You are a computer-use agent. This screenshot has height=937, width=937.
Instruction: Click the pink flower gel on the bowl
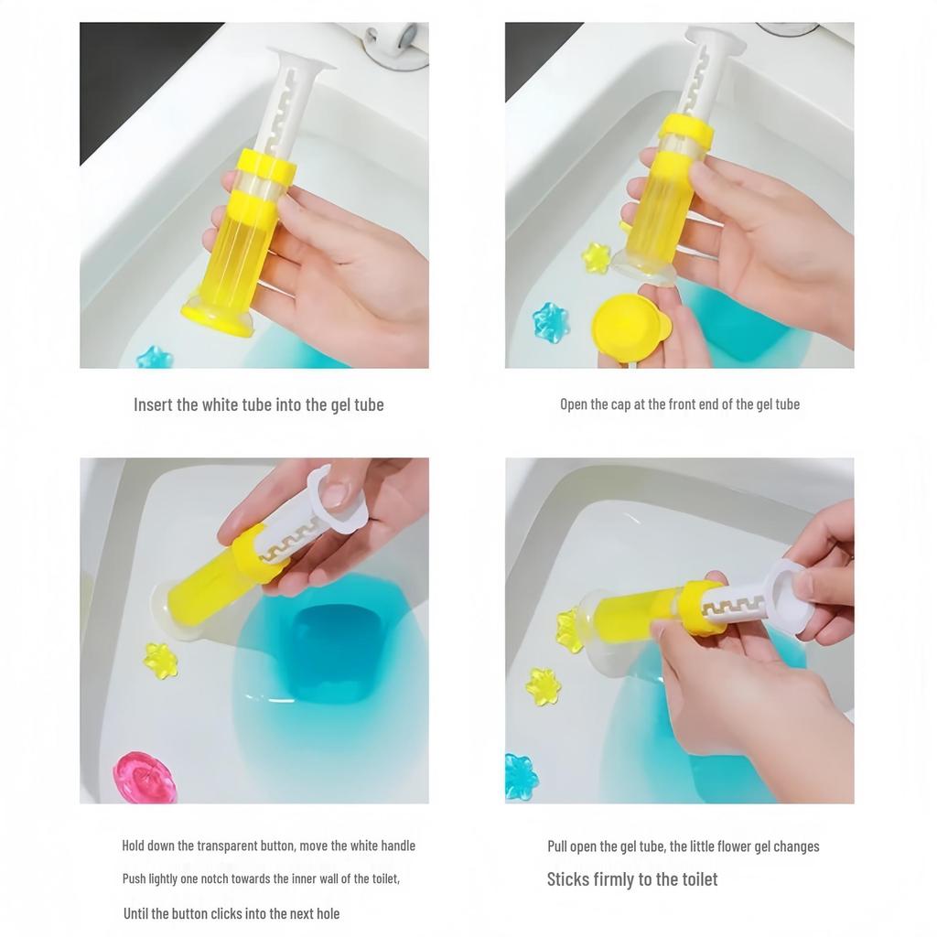(144, 777)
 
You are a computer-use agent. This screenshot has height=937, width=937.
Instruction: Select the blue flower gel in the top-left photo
(154, 358)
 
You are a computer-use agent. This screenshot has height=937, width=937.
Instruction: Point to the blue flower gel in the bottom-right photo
(521, 777)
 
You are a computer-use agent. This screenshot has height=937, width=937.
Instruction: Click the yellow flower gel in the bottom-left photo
(161, 662)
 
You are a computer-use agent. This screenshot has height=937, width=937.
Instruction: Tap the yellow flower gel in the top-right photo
(595, 258)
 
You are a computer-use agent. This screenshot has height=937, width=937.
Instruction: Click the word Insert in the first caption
(153, 404)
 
